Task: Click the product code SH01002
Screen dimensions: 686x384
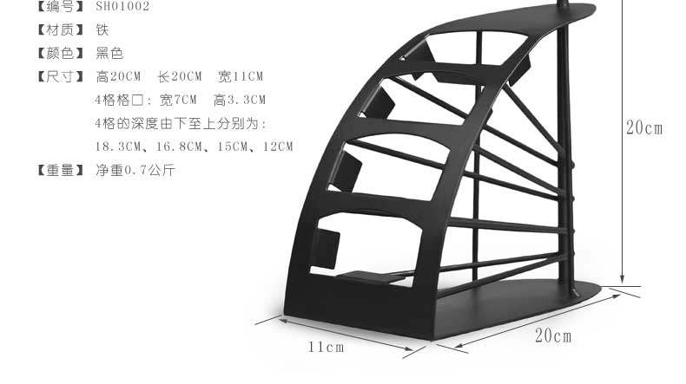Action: coord(122,6)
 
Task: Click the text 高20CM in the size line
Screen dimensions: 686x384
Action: coord(118,76)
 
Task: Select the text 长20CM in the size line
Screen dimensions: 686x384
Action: coord(178,76)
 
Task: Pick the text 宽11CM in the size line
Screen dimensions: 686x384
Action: coord(241,76)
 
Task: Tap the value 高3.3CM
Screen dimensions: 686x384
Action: coord(240,100)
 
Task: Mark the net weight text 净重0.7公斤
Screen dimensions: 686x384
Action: coord(135,170)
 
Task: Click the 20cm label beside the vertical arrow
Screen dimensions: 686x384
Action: coord(644,128)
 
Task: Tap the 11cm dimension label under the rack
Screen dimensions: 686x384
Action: coord(327,348)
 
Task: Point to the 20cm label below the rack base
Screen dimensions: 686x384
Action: coord(552,335)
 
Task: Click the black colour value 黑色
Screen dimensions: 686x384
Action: coord(109,53)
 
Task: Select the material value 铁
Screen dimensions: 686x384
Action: coord(102,29)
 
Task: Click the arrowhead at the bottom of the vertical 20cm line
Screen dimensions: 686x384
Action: coord(622,279)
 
